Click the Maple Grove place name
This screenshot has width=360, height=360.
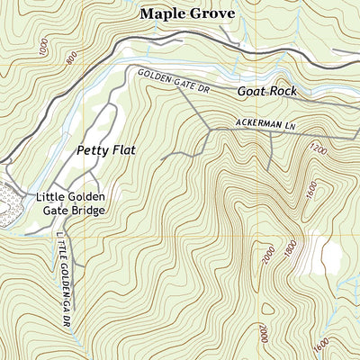click(x=186, y=13)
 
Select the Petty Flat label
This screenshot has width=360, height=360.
click(x=105, y=150)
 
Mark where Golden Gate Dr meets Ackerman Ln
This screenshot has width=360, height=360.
click(x=209, y=130)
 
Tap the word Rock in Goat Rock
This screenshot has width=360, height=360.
click(x=286, y=92)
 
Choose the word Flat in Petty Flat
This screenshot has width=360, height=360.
click(x=123, y=150)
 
